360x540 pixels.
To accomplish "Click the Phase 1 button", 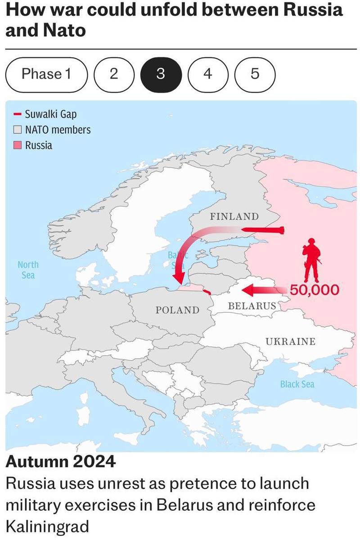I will (x=46, y=74).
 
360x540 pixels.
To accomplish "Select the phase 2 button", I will (x=114, y=74).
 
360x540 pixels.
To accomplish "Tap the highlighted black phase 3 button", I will (x=161, y=74).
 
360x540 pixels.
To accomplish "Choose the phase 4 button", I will (x=207, y=74).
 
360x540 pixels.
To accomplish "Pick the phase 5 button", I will (x=255, y=74).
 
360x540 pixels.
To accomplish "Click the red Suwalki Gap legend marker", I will (x=18, y=114).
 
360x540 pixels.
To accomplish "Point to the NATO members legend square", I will (x=18, y=130).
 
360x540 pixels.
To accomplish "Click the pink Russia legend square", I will (x=18, y=145).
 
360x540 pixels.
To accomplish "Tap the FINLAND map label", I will (x=234, y=216).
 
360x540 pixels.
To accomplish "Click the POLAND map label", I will (x=177, y=310).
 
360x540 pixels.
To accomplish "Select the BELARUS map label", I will (x=252, y=306).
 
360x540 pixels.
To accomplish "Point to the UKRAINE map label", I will (x=290, y=341).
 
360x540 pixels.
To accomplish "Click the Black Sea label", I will (x=297, y=384).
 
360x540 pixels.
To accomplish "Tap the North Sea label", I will (x=28, y=270).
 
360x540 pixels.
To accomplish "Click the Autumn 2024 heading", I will (x=60, y=462).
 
